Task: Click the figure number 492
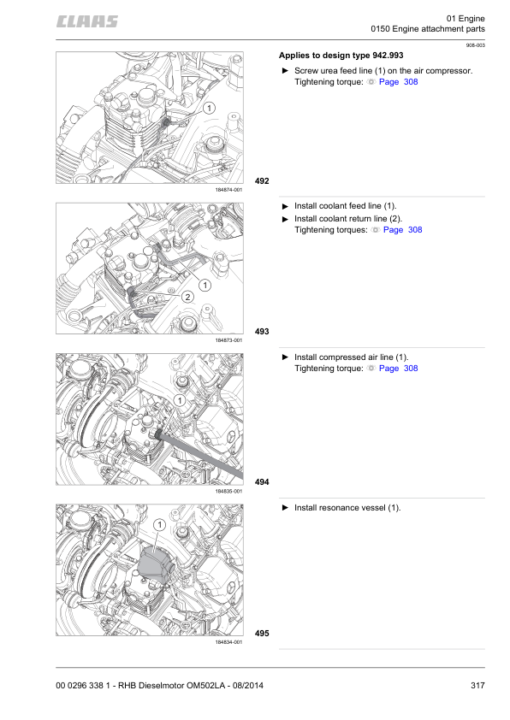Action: point(262,181)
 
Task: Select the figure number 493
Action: point(262,331)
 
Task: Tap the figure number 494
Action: point(262,482)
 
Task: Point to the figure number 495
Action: point(262,633)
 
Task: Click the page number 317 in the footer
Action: point(477,684)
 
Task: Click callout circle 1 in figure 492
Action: point(208,108)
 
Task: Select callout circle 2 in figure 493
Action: point(187,296)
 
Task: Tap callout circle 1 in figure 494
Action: point(180,400)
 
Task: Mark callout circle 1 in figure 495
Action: point(159,524)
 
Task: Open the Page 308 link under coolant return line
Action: point(402,230)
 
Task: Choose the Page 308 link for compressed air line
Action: point(398,369)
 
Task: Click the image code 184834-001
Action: point(228,641)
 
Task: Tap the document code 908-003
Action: point(475,44)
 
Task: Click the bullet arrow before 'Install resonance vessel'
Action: point(285,508)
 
